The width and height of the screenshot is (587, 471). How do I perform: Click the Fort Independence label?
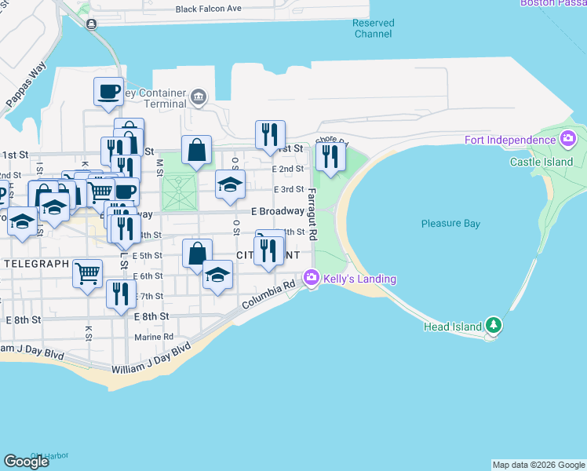point(509,141)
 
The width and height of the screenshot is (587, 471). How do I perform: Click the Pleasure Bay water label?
point(450,224)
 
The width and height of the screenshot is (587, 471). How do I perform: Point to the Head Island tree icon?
point(493,324)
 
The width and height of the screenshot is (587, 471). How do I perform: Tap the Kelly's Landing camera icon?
point(312,277)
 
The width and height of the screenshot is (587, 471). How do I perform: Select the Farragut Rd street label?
point(312,214)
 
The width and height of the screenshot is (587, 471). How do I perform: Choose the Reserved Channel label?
point(372,28)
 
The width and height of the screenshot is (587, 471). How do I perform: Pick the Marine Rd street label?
point(153,337)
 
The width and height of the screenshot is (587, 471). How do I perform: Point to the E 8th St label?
point(152,316)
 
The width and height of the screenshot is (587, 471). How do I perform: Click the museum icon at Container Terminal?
point(198,99)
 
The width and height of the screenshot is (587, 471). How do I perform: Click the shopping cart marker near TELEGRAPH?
point(88,272)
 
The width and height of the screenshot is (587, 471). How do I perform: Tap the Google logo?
point(26,462)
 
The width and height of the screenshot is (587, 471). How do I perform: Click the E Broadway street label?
point(277,211)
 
